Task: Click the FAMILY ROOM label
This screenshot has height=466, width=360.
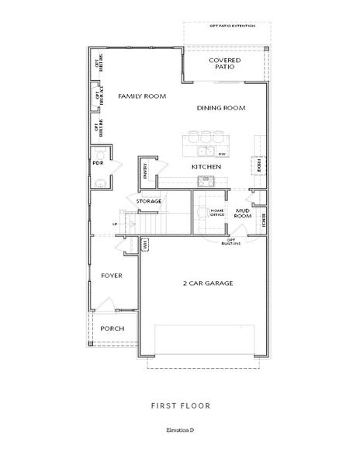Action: coord(143,96)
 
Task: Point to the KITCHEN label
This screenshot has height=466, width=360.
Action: coord(207,167)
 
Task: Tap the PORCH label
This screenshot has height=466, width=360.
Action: coord(112,328)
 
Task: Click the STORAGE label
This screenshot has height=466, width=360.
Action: coord(149,201)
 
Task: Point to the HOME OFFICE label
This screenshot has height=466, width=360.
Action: coord(217,212)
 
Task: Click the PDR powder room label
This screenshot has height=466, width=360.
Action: coord(99,164)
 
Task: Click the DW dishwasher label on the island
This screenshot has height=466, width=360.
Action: coord(221,155)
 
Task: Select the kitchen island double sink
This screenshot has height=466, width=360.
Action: coord(205,150)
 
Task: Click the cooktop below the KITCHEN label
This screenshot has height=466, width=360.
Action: coord(206,181)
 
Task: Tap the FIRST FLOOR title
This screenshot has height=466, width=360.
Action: coord(180,405)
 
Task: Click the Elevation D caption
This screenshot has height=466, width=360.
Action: coord(180,429)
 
